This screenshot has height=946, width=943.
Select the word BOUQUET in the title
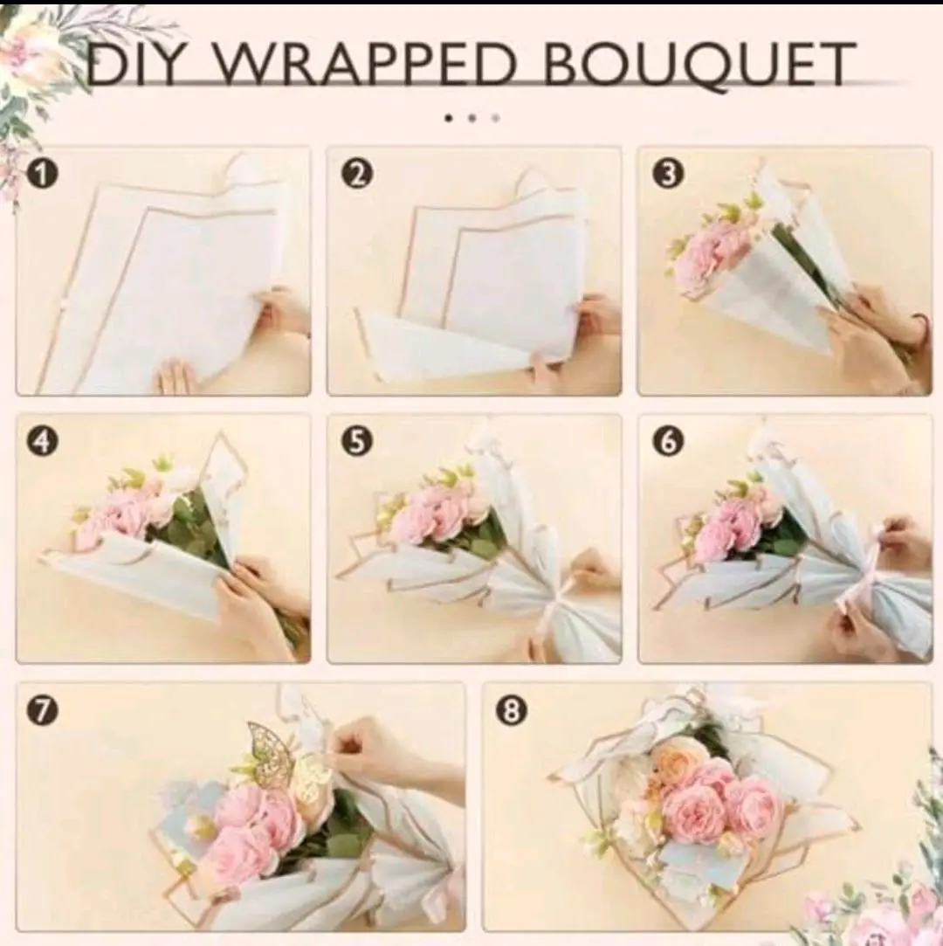[x=699, y=65]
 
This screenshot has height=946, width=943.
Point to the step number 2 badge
[x=357, y=175]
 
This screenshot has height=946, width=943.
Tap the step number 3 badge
[x=667, y=175]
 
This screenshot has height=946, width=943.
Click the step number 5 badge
[x=357, y=442]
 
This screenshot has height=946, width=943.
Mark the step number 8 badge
[x=510, y=711]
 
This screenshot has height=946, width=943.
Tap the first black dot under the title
[x=448, y=118]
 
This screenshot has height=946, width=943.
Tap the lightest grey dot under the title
[x=496, y=118]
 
